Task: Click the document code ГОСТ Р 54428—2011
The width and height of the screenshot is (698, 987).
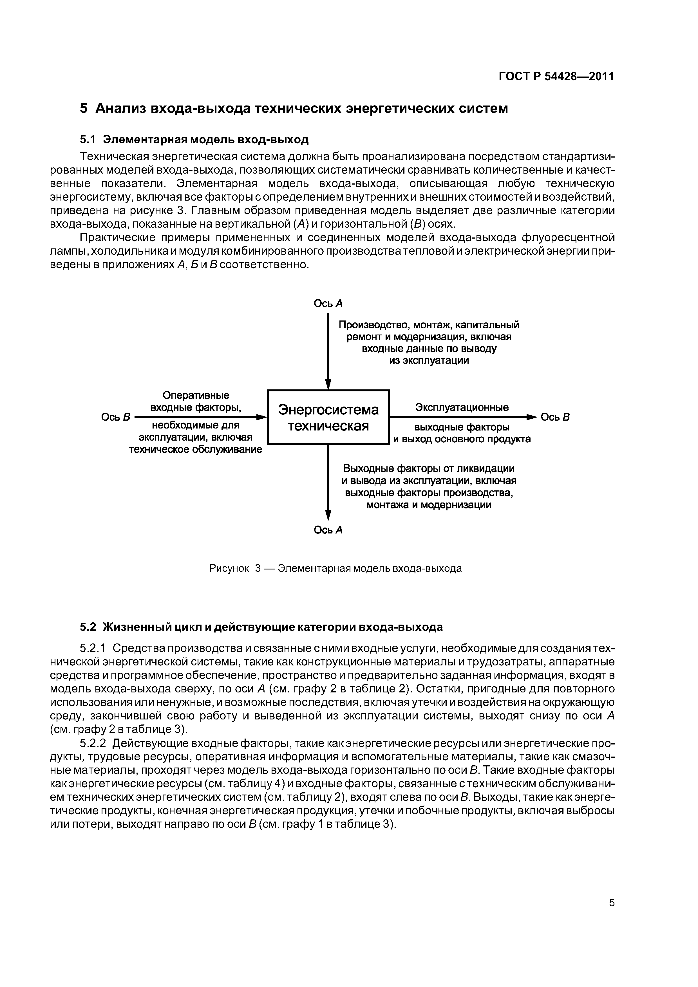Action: point(556,77)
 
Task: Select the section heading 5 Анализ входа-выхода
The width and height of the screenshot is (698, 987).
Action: point(294,108)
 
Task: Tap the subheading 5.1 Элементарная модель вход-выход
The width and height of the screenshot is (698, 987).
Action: point(194,140)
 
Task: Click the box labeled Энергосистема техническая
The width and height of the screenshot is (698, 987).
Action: point(328,417)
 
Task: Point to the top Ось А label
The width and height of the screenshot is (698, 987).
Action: point(328,304)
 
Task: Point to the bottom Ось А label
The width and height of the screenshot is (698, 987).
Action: point(328,530)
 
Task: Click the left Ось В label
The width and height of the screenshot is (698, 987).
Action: point(115,417)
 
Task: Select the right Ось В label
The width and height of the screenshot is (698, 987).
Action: point(555,417)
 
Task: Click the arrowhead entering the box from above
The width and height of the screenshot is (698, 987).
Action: point(328,384)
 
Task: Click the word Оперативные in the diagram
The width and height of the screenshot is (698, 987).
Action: point(196,395)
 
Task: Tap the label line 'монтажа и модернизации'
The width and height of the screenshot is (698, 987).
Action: point(429,505)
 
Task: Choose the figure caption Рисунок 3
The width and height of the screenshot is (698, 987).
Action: point(235,569)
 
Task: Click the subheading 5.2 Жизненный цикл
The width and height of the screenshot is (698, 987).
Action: point(261,627)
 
